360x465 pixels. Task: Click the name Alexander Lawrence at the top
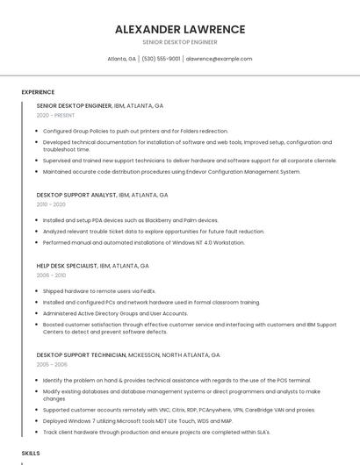point(180,30)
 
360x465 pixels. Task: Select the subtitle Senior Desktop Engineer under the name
point(180,42)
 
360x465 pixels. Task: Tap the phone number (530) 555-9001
point(161,59)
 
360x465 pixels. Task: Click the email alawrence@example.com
point(219,59)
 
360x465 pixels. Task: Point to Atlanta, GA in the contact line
point(121,59)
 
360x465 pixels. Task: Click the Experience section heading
point(38,92)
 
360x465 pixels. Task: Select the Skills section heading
point(31,453)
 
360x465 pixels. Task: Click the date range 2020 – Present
point(56,115)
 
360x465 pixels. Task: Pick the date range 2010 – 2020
point(51,204)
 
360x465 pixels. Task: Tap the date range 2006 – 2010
point(51,275)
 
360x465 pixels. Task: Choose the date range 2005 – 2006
point(52,364)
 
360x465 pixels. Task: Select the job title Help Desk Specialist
point(67,265)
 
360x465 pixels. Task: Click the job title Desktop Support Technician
point(81,354)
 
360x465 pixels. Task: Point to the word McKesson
point(145,354)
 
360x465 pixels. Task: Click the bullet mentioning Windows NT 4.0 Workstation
point(144,242)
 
